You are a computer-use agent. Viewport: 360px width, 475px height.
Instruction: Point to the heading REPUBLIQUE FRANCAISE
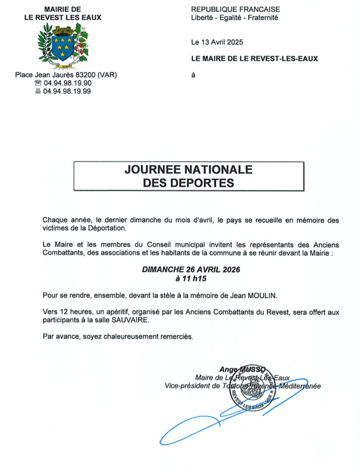235,9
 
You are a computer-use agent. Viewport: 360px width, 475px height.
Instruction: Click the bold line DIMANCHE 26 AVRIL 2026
191,269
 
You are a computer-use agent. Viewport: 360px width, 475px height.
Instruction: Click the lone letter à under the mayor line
193,75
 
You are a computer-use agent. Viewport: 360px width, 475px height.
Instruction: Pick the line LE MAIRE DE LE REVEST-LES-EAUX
254,59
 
